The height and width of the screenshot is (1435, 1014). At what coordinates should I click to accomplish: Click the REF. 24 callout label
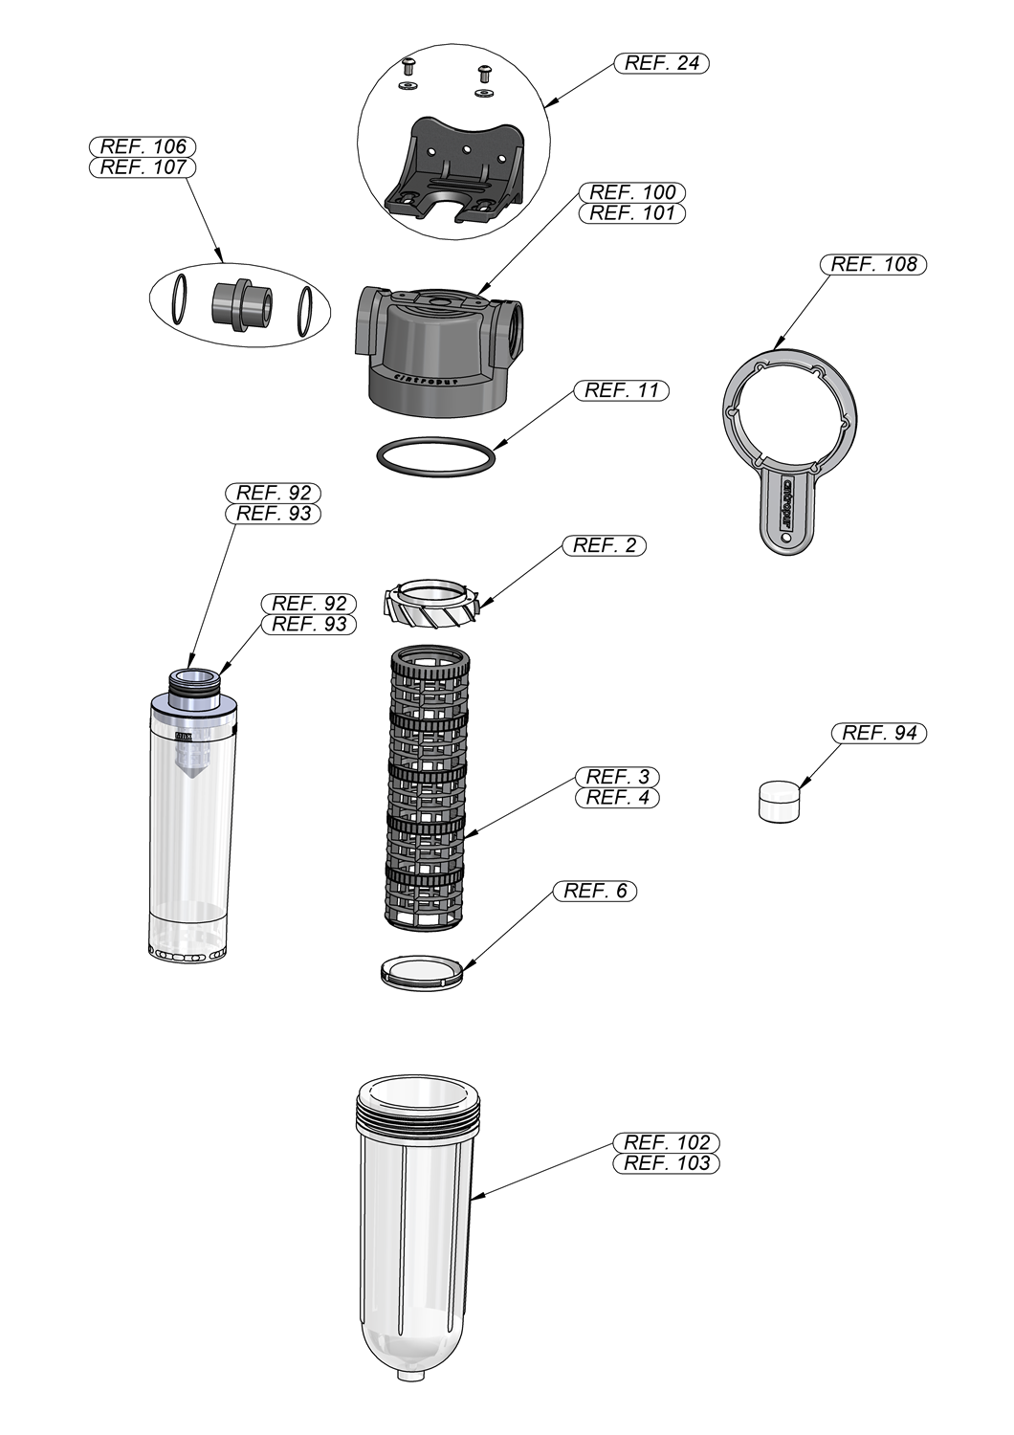click(662, 63)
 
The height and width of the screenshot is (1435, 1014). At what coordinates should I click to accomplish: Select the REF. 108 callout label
click(873, 264)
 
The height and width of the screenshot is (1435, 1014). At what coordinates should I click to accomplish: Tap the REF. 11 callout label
click(622, 390)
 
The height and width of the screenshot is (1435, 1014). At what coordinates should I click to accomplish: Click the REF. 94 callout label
click(879, 733)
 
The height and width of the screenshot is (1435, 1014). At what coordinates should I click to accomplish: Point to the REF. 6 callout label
click(595, 891)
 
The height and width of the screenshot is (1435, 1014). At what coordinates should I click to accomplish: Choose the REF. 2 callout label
click(605, 545)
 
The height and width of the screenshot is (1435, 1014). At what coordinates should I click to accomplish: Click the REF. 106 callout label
click(143, 146)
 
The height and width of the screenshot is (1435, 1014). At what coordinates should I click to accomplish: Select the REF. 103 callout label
click(667, 1163)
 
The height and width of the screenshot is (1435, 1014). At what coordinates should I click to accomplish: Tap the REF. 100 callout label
click(632, 192)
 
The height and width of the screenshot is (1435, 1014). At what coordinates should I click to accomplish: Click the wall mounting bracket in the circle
click(454, 172)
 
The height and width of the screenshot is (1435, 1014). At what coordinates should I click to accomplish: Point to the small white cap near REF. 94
click(779, 801)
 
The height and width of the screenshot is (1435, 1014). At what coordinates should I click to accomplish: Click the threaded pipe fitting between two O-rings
click(239, 304)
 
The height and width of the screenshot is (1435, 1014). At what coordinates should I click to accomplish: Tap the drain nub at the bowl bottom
click(411, 1375)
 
